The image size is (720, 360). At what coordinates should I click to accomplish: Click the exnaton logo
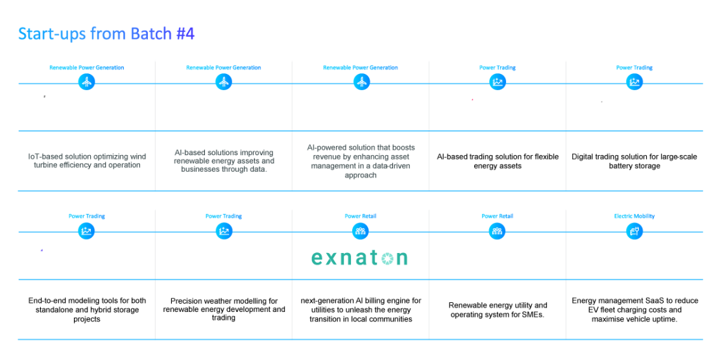(359, 258)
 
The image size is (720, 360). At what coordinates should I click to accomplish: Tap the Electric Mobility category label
(634, 216)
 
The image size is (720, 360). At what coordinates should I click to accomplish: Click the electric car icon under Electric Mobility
(634, 232)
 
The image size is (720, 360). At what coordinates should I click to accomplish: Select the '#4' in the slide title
(186, 34)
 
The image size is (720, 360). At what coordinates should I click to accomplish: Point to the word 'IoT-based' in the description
(45, 156)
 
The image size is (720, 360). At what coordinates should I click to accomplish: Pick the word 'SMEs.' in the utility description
(534, 315)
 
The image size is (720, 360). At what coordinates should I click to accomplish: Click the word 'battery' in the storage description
(621, 166)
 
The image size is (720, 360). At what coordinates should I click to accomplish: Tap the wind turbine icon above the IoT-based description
(86, 82)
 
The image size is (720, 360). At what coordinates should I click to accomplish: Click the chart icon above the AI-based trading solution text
(498, 82)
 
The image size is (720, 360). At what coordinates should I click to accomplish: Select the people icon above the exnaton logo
(361, 232)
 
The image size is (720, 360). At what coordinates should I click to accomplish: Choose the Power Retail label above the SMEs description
(498, 216)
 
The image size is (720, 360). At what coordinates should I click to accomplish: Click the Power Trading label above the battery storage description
(634, 68)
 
